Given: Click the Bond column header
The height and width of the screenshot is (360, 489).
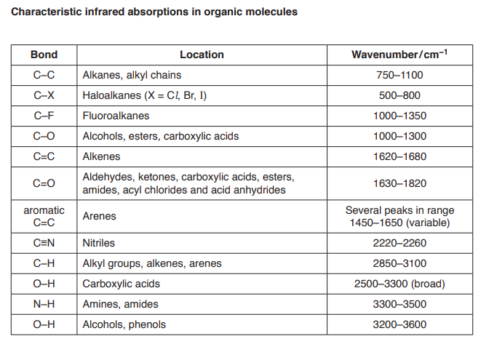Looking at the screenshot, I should (44, 55).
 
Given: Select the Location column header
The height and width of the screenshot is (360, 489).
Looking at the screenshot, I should (202, 55).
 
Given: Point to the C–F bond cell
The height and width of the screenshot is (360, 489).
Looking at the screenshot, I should (44, 116).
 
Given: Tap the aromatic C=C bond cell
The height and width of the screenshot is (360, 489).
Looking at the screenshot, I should (44, 216).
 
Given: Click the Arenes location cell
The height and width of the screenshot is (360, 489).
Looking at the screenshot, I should (100, 216).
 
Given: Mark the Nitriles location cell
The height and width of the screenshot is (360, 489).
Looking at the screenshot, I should (99, 243).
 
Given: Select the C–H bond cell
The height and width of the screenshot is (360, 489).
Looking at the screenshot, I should (44, 263).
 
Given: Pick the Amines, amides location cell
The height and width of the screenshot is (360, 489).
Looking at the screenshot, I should (120, 304).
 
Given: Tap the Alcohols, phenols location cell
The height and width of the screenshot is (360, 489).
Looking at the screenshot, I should (124, 324).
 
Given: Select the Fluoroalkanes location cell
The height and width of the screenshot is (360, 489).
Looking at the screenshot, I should (116, 116).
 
